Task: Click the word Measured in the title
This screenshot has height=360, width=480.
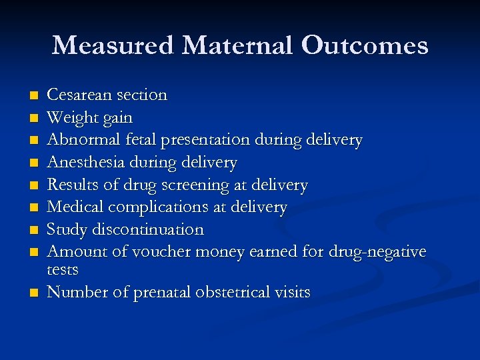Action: point(113,45)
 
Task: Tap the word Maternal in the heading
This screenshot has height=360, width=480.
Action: point(237,45)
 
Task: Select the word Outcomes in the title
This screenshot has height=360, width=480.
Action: point(365,45)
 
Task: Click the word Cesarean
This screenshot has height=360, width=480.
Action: point(75,95)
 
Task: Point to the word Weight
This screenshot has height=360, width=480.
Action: point(69,118)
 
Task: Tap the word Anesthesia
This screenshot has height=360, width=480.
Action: point(79,163)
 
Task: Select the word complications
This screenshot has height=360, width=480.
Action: point(158,207)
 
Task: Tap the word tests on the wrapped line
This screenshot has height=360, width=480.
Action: point(63,270)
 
